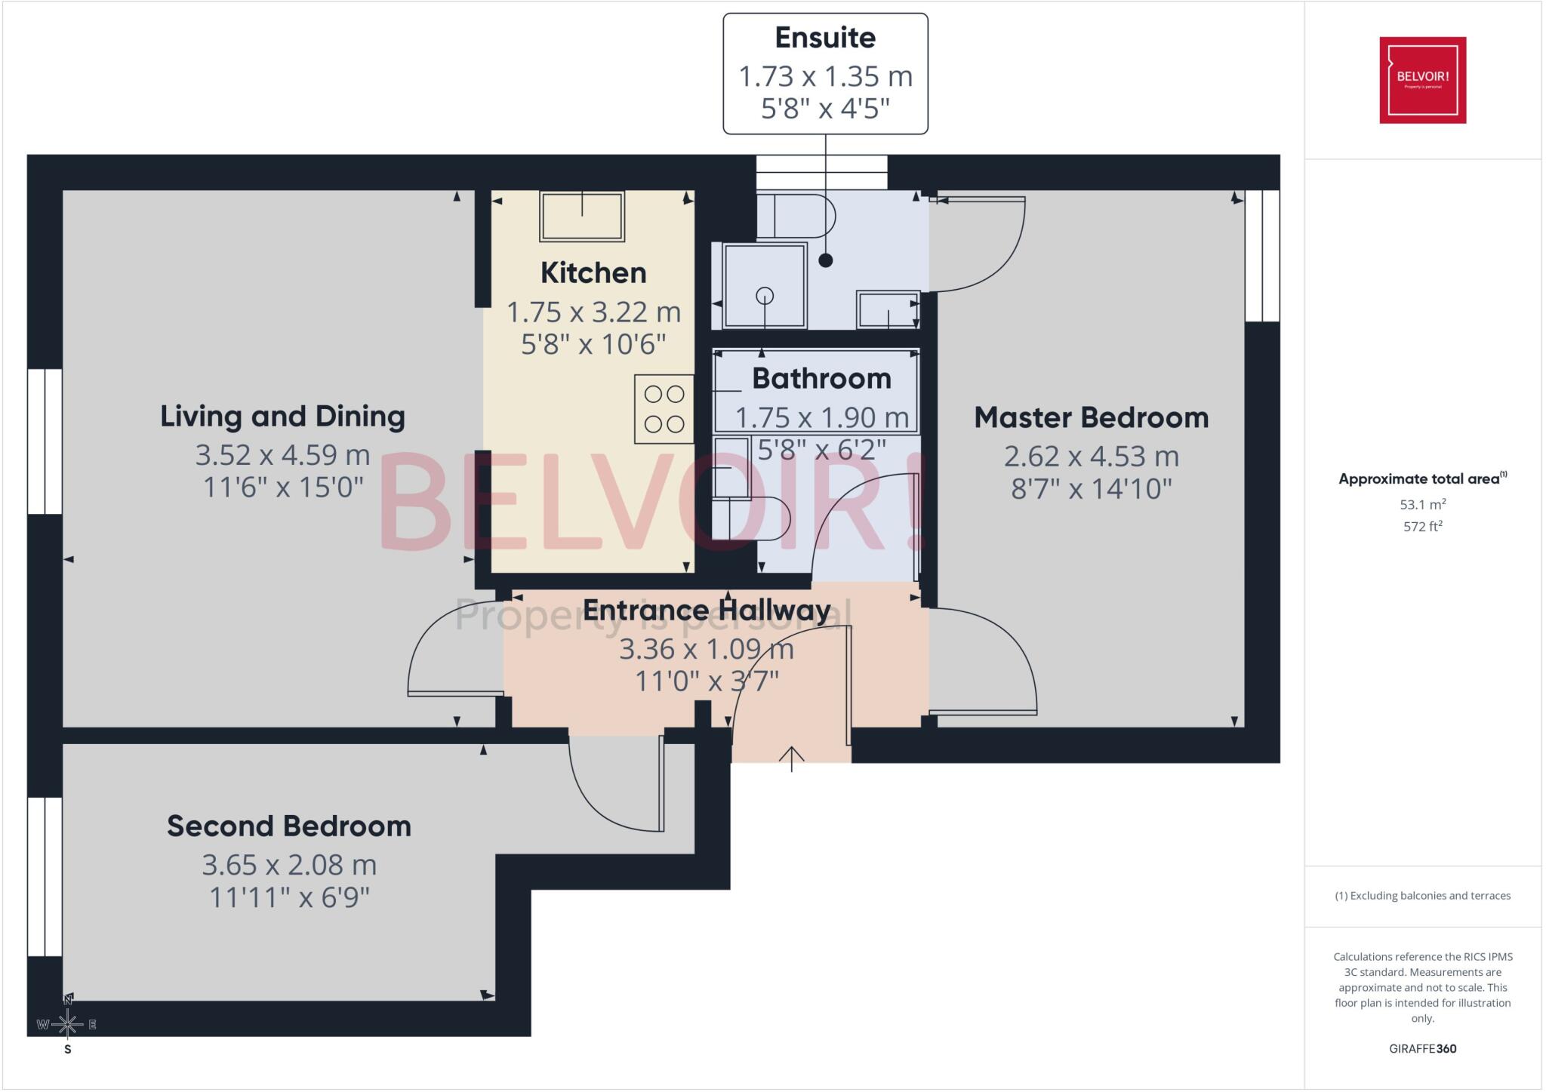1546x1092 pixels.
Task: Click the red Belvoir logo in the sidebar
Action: point(1422,80)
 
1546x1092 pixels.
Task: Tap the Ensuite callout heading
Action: point(825,38)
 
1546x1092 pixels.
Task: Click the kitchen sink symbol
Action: point(581,216)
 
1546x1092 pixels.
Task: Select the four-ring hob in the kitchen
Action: point(664,409)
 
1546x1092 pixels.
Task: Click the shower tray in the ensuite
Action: point(765,285)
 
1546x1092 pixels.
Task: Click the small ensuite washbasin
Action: point(887,309)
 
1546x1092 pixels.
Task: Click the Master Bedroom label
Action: point(1091,417)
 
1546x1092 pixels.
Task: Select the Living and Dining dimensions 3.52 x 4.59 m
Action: point(282,455)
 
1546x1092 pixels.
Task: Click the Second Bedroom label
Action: point(289,826)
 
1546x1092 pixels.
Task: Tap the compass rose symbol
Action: point(67,1024)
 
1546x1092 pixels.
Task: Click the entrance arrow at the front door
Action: point(791,757)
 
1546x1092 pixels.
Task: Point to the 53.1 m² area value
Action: point(1422,504)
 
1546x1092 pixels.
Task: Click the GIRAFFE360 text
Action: point(1422,1048)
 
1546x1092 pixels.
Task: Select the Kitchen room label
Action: point(593,273)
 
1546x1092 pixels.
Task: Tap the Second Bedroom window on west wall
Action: point(45,876)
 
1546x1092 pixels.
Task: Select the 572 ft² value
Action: point(1422,526)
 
